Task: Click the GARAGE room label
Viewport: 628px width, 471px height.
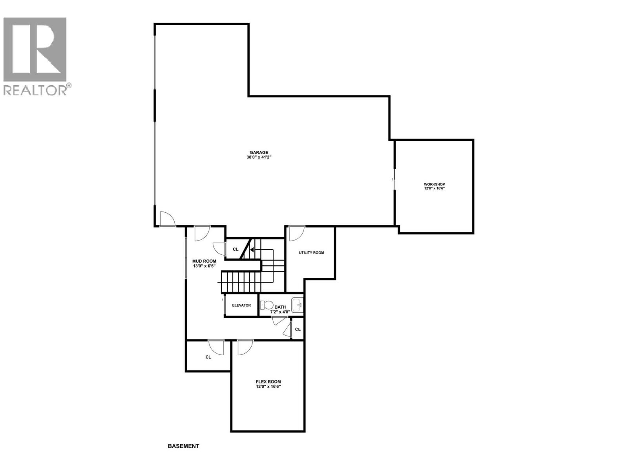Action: pyautogui.click(x=259, y=153)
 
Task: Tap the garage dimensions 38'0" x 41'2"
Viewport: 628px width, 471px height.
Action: pyautogui.click(x=259, y=157)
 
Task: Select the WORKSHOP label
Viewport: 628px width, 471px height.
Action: pyautogui.click(x=434, y=184)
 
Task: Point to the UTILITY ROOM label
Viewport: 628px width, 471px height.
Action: pyautogui.click(x=311, y=253)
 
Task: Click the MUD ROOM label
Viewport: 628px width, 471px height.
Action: pyautogui.click(x=204, y=261)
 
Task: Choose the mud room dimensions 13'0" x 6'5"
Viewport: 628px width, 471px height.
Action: pyautogui.click(x=204, y=266)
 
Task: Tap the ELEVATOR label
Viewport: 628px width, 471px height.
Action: pyautogui.click(x=241, y=305)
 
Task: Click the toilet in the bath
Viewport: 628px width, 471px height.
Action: pyautogui.click(x=267, y=305)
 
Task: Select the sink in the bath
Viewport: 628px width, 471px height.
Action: pyautogui.click(x=297, y=305)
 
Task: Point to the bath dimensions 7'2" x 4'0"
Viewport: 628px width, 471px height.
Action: pyautogui.click(x=280, y=312)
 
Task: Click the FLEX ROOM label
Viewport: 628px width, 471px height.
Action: pyautogui.click(x=268, y=382)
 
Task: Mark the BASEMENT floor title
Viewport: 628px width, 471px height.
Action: pyautogui.click(x=183, y=446)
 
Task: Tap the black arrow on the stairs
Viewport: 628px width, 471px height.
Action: pyautogui.click(x=252, y=250)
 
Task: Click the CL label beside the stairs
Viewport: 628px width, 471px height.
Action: pyautogui.click(x=235, y=249)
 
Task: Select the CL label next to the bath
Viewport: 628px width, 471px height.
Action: pyautogui.click(x=298, y=329)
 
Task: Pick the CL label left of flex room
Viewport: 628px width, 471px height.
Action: pyautogui.click(x=208, y=357)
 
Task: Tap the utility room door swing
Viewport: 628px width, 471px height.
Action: pyautogui.click(x=296, y=233)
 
